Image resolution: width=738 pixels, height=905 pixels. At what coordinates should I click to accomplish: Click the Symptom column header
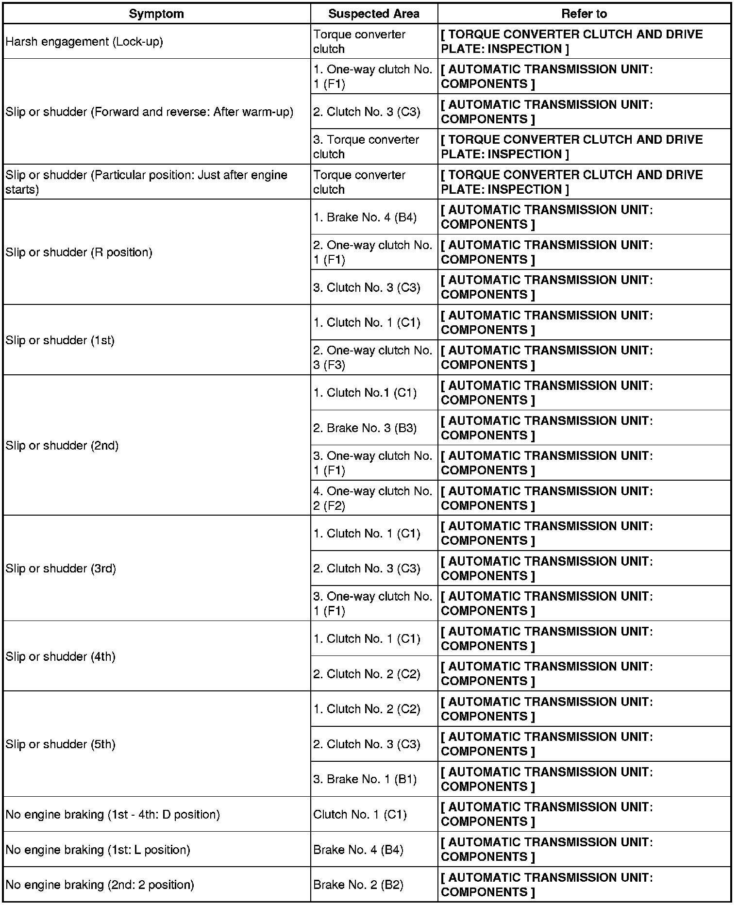point(156,14)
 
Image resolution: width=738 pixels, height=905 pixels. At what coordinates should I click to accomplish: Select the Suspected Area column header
point(374,14)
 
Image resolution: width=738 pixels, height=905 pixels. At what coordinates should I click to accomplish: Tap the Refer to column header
point(584,14)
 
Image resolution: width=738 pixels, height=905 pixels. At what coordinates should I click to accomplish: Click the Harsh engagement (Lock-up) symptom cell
point(84,42)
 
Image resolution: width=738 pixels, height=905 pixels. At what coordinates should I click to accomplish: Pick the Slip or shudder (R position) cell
point(79,252)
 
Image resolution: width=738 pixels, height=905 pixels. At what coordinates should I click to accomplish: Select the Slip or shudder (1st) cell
point(60,340)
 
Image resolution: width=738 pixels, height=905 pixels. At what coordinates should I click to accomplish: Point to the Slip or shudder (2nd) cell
point(62,446)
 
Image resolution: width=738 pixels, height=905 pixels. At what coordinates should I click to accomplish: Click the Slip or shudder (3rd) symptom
point(61,569)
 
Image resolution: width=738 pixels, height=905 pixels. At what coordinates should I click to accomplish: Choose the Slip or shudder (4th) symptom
point(61,656)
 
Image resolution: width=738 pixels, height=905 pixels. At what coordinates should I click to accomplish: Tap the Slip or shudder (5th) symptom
point(61,744)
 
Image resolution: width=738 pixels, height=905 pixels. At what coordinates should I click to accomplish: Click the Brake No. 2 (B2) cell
point(358,885)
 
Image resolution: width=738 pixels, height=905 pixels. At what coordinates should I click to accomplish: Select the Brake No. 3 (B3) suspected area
point(365,428)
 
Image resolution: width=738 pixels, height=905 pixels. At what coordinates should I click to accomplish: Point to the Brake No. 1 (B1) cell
point(365,779)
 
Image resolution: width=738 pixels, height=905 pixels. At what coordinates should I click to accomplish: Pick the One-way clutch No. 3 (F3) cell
point(373,358)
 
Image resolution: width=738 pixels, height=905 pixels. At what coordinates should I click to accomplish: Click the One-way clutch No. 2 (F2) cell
point(373,498)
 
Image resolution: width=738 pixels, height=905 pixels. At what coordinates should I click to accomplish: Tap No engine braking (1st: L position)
point(98,850)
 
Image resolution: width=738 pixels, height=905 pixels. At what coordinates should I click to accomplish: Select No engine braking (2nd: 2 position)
point(100,885)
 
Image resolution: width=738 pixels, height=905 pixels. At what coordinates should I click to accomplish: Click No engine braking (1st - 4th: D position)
point(113,814)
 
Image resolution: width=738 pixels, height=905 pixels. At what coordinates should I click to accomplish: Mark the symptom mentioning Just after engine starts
point(147,182)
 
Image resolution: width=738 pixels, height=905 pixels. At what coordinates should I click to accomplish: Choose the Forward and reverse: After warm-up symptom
point(150,112)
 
